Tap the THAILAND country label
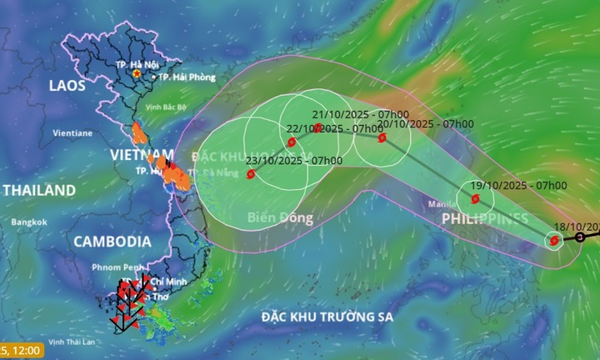(x=39, y=191)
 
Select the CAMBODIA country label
(x=112, y=242)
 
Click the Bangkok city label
(x=29, y=222)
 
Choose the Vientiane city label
(x=72, y=132)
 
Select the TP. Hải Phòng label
(x=184, y=77)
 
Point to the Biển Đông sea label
(x=280, y=218)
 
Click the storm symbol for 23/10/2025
(x=252, y=174)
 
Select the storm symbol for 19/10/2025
(x=475, y=199)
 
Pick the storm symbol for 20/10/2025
(x=382, y=138)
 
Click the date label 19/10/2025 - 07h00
(x=518, y=185)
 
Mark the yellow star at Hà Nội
(x=137, y=73)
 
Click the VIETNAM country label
(x=142, y=155)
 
